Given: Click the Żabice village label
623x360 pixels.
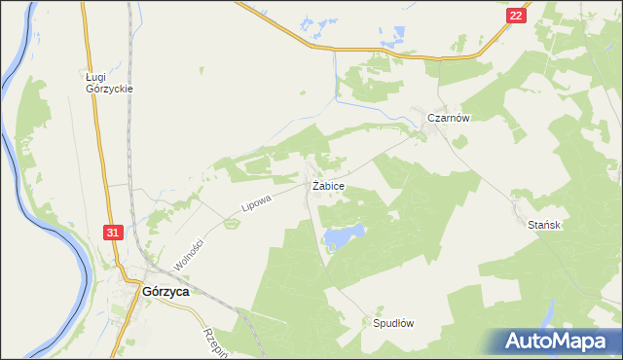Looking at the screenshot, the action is [x=327, y=185].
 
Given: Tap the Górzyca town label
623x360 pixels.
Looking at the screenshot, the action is [x=165, y=290].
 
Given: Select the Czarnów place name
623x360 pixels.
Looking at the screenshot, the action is [x=449, y=118].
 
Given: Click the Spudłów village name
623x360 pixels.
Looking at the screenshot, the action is [x=394, y=323].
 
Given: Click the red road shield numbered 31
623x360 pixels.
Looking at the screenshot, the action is [x=114, y=233].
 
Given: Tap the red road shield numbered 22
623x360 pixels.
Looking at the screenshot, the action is [x=516, y=17].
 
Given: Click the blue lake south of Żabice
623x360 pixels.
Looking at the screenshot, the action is [x=344, y=234].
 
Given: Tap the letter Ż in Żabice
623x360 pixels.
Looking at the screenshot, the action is [x=315, y=185].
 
